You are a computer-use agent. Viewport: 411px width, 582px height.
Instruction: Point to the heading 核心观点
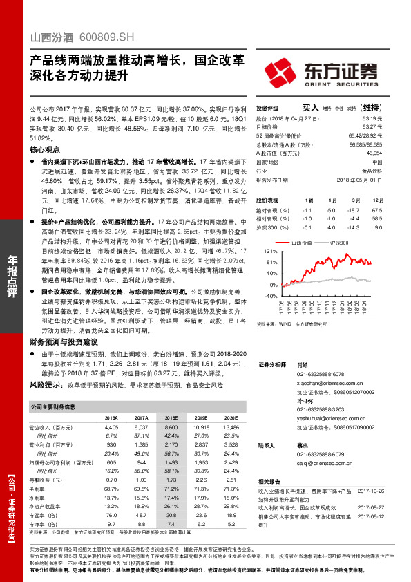(46, 149)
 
